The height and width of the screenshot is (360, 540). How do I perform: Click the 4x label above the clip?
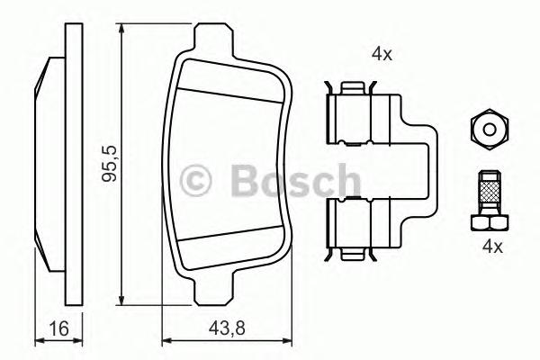382,53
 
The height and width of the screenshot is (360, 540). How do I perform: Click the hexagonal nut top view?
487,129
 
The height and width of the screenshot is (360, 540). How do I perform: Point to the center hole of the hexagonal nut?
487,129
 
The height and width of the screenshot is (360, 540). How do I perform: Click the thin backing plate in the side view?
70,166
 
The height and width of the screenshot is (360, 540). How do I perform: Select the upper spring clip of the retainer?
351,115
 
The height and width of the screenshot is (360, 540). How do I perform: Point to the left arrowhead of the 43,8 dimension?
166,341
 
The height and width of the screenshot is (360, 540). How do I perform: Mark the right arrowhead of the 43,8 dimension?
290,341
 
